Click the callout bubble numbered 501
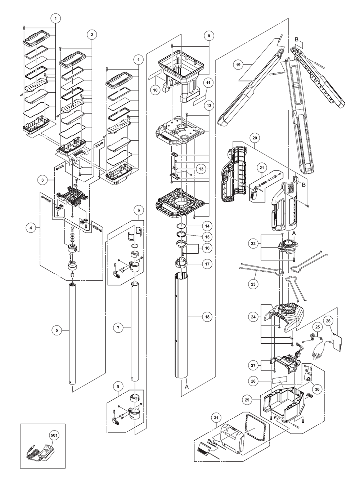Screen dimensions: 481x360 (54, 435)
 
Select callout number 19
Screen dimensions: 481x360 (238, 65)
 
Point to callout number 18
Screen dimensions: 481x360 (207, 317)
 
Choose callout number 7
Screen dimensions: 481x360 (118, 328)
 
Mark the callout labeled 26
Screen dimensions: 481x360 (328, 320)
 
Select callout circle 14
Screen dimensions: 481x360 (207, 227)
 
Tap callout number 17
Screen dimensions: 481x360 (207, 264)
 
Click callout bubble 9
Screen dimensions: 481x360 (208, 36)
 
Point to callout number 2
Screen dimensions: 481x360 (92, 35)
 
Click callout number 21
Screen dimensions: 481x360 (262, 167)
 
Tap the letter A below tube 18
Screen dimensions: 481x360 (186, 386)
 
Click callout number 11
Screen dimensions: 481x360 (208, 83)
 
